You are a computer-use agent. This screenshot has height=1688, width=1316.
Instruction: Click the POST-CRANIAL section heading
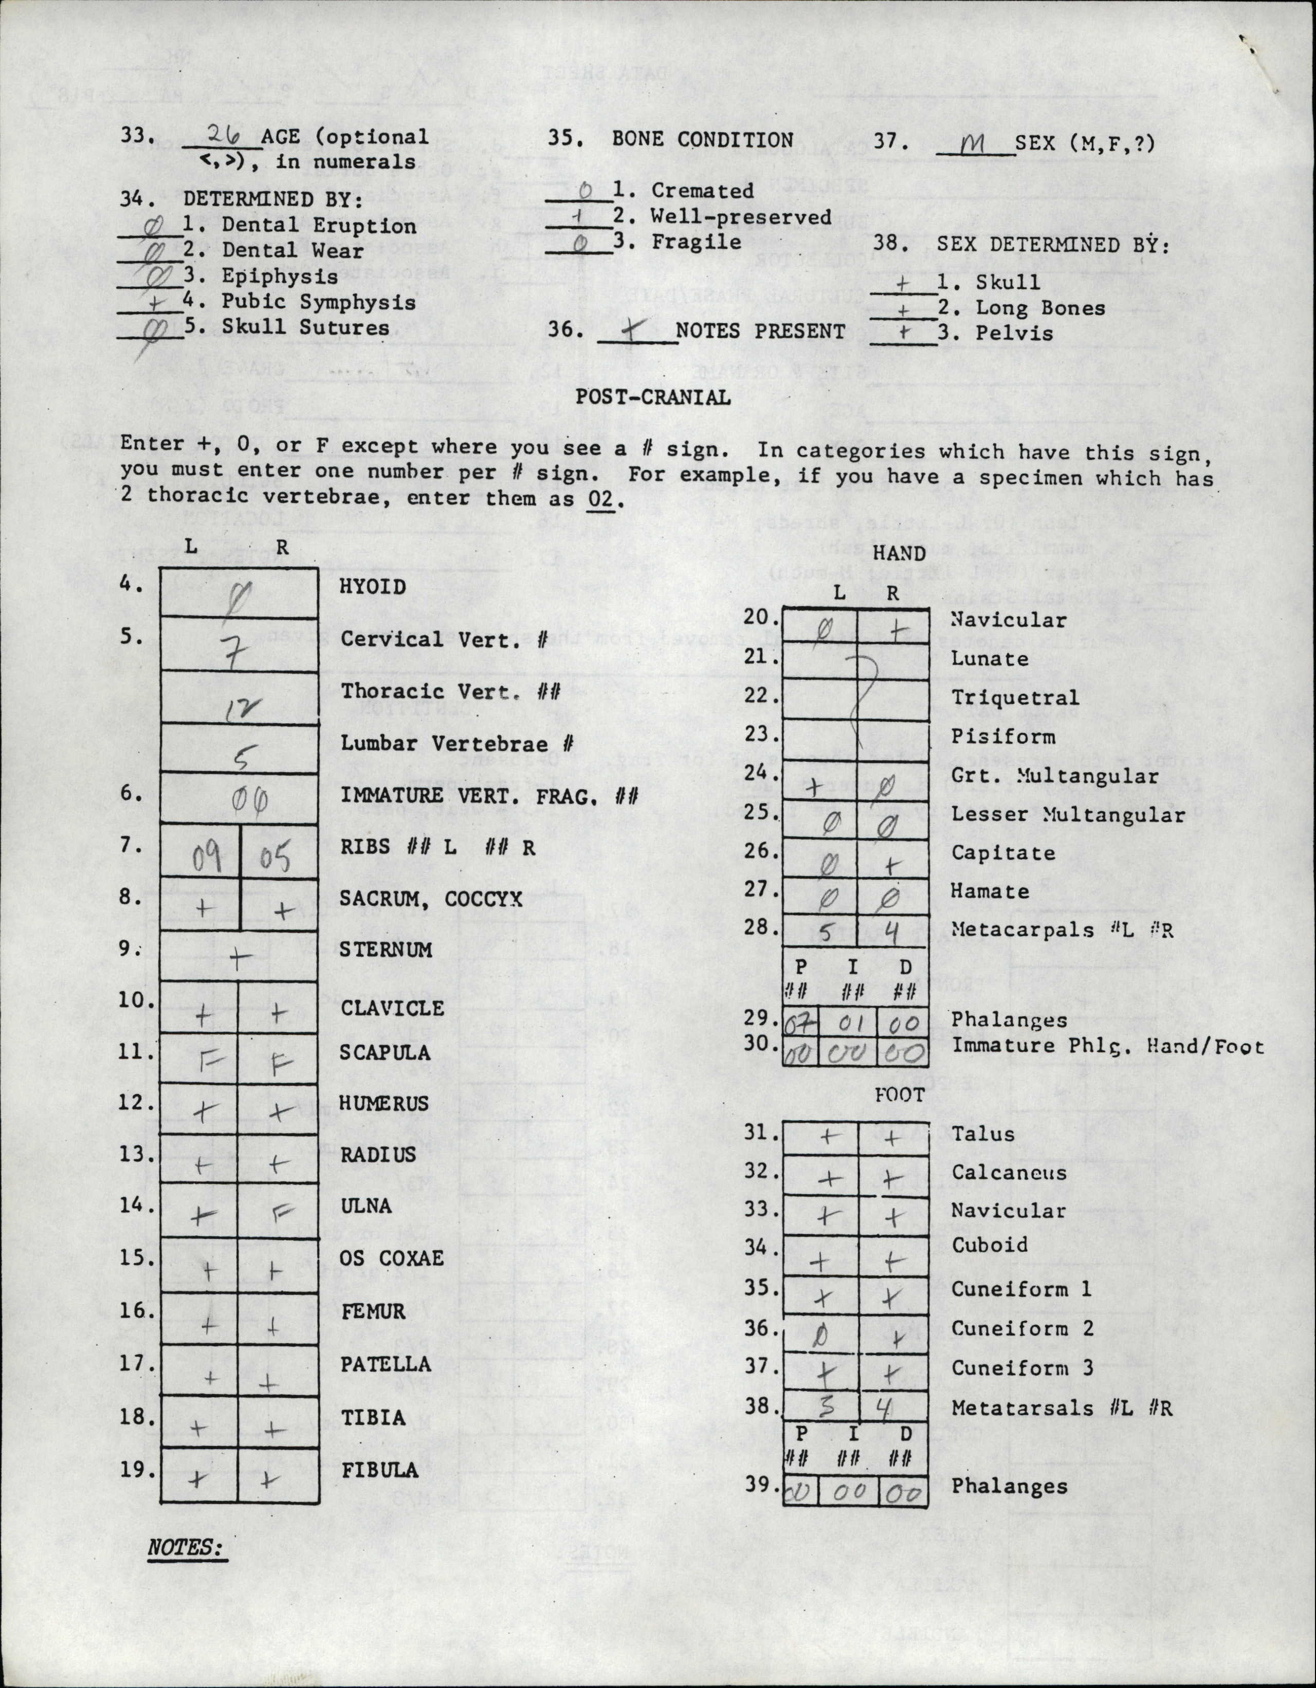pos(652,397)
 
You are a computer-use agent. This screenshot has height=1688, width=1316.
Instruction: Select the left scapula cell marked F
pos(203,1056)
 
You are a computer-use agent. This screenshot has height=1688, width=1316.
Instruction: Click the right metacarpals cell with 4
pos(891,934)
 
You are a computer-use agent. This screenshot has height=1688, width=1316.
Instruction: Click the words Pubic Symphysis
pos(319,302)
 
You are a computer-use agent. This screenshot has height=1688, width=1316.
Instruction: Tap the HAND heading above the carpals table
pos(899,553)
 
